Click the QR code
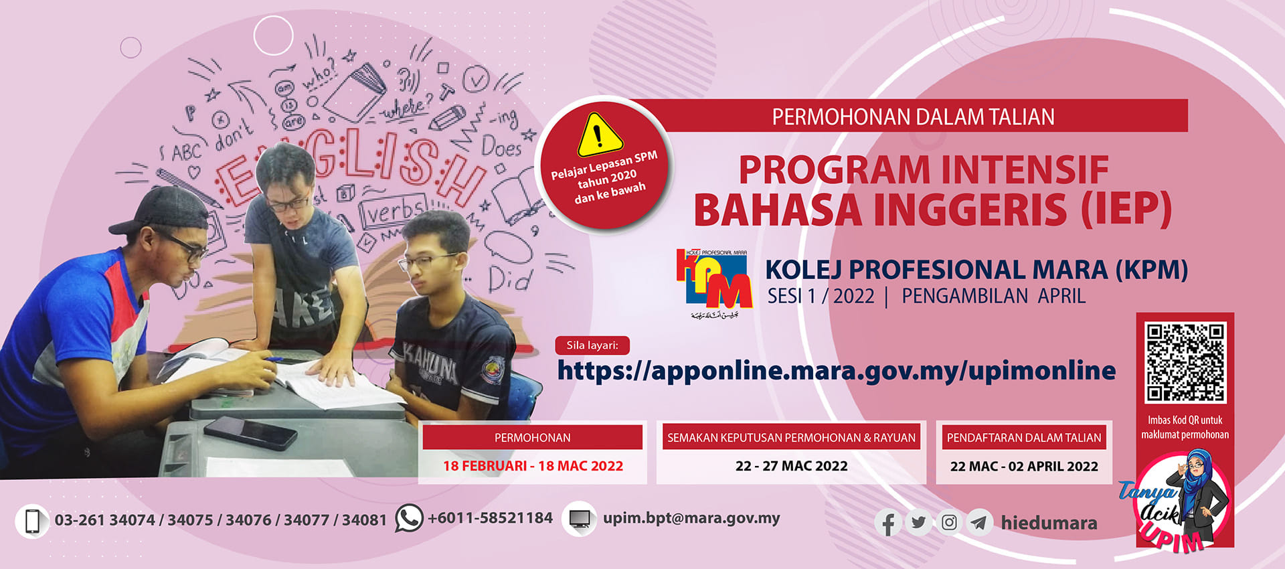coord(1185,361)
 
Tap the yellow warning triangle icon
coord(600,135)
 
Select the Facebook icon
coord(889,523)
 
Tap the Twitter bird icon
coord(919,522)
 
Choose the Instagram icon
coord(949,522)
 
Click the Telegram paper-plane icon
coord(979,522)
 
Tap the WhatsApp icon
coord(409,518)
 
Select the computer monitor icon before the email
coord(580,519)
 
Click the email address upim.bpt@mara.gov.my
coord(691,518)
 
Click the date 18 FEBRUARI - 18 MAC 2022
coord(533,466)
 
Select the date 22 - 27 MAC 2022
coord(791,466)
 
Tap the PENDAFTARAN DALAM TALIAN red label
coord(1023,438)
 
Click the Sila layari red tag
coord(592,345)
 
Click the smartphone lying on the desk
coord(250,432)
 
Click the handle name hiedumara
coord(1049,523)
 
